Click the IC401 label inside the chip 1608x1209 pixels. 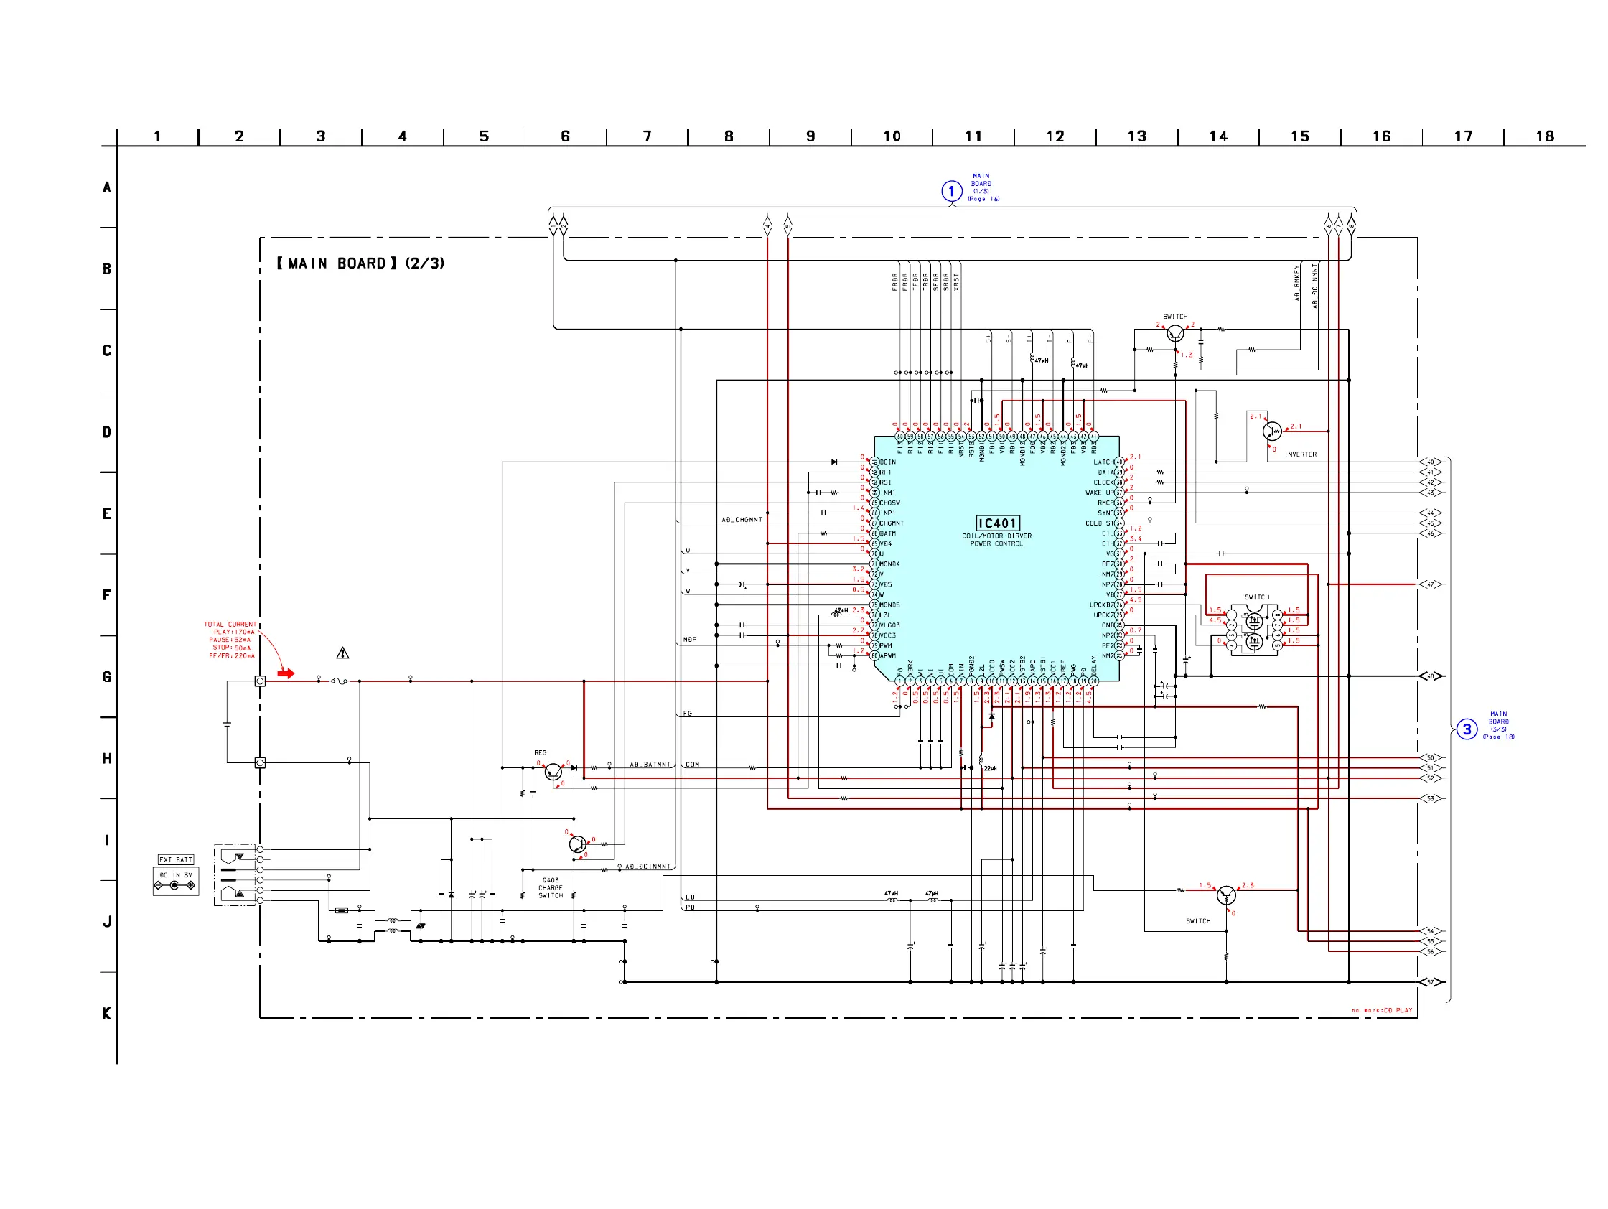pos(996,523)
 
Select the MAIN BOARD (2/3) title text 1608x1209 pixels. pos(360,264)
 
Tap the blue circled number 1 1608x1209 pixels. pos(952,191)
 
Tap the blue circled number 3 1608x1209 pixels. pos(1467,729)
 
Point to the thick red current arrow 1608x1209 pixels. pos(286,674)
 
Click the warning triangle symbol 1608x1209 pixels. pos(342,653)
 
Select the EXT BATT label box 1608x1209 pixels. pos(176,859)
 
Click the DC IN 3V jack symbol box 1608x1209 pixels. pos(175,881)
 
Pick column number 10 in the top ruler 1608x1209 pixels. pos(892,136)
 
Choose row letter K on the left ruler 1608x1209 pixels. pos(107,1013)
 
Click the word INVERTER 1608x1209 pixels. pos(1301,454)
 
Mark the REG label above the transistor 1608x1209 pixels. pos(540,752)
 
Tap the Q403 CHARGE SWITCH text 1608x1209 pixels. pos(551,887)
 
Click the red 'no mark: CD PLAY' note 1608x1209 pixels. pos(1382,1011)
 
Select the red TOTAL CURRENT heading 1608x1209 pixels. pos(230,625)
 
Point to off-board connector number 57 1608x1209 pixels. pos(1431,982)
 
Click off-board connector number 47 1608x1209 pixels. pos(1431,584)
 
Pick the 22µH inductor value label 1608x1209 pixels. pos(990,768)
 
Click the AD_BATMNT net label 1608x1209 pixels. pos(650,765)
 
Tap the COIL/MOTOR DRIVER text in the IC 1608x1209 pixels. pos(996,536)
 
